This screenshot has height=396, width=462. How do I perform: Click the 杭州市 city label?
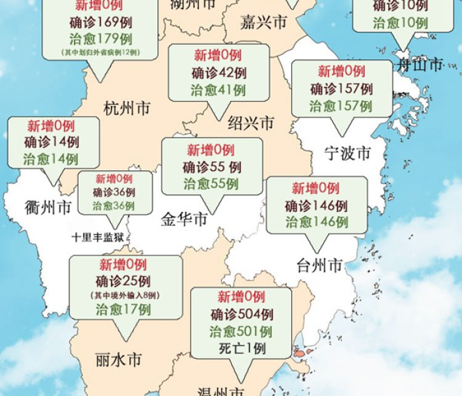tap(126, 109)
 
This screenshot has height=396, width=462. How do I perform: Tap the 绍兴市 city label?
tap(251, 123)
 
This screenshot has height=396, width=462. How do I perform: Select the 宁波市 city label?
tap(347, 154)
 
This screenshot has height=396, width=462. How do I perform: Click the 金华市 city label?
tap(184, 219)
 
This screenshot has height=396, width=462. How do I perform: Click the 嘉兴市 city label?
tap(263, 22)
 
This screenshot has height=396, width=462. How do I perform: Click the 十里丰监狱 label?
tap(98, 236)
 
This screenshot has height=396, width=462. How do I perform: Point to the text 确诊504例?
tap(242, 314)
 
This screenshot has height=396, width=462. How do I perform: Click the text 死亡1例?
tap(242, 348)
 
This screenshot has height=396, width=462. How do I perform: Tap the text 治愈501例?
tap(241, 331)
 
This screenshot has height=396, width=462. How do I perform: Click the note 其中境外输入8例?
tap(126, 296)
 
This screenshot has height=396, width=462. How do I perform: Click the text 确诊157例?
tap(341, 89)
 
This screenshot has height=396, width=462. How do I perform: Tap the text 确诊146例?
tap(316, 205)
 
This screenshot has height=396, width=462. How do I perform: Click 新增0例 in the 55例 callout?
tap(211, 150)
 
